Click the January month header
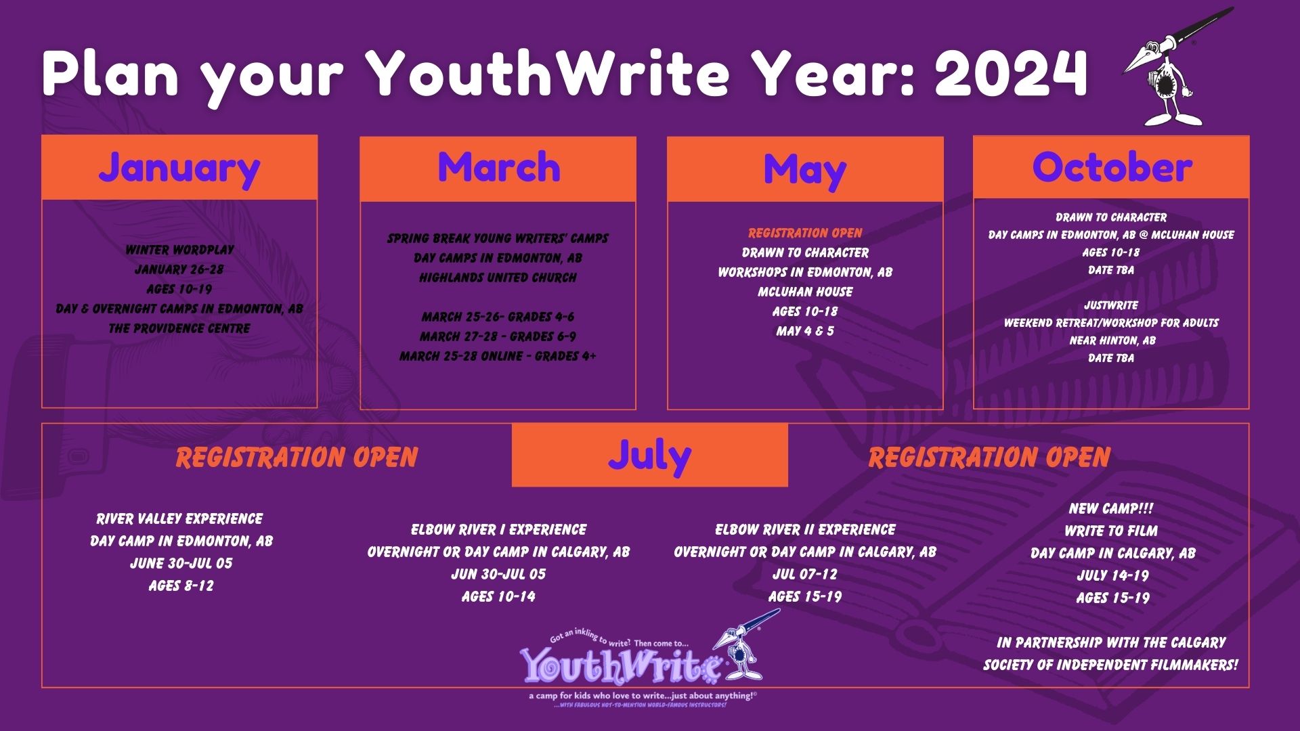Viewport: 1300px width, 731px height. click(179, 167)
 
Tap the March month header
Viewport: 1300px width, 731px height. click(498, 167)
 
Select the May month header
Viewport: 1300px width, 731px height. click(805, 169)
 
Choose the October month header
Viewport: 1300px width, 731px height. click(1112, 167)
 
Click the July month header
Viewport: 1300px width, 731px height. click(650, 456)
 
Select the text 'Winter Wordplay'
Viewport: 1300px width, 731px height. click(179, 250)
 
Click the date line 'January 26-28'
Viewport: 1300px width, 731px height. click(179, 269)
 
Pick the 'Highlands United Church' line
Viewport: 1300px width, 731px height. click(498, 278)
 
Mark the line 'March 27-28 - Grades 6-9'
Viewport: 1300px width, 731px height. click(498, 336)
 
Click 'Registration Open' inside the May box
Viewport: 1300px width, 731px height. click(805, 234)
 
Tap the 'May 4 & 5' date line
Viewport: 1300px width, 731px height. click(805, 331)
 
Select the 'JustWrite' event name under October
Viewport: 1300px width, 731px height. click(1111, 305)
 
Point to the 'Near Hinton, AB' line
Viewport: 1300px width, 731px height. click(1111, 340)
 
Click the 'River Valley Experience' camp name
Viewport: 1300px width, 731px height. click(179, 519)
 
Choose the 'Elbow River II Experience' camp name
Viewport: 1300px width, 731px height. click(805, 529)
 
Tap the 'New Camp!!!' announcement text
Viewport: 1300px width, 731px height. click(1111, 508)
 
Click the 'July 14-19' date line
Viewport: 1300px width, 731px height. click(1112, 575)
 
